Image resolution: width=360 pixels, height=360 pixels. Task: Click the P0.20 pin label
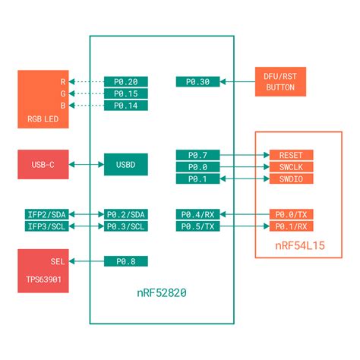click(126, 81)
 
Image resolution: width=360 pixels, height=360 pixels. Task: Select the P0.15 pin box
click(126, 93)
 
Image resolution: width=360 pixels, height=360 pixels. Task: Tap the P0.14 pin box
click(126, 106)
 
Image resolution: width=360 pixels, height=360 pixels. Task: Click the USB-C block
click(43, 165)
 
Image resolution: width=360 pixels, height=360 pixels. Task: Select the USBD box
click(126, 165)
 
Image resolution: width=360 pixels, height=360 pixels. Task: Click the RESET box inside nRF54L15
click(291, 155)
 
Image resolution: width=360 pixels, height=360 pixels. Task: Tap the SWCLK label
click(291, 166)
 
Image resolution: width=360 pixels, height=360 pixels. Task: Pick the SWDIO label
click(291, 178)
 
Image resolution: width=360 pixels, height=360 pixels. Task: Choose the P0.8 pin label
click(126, 261)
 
